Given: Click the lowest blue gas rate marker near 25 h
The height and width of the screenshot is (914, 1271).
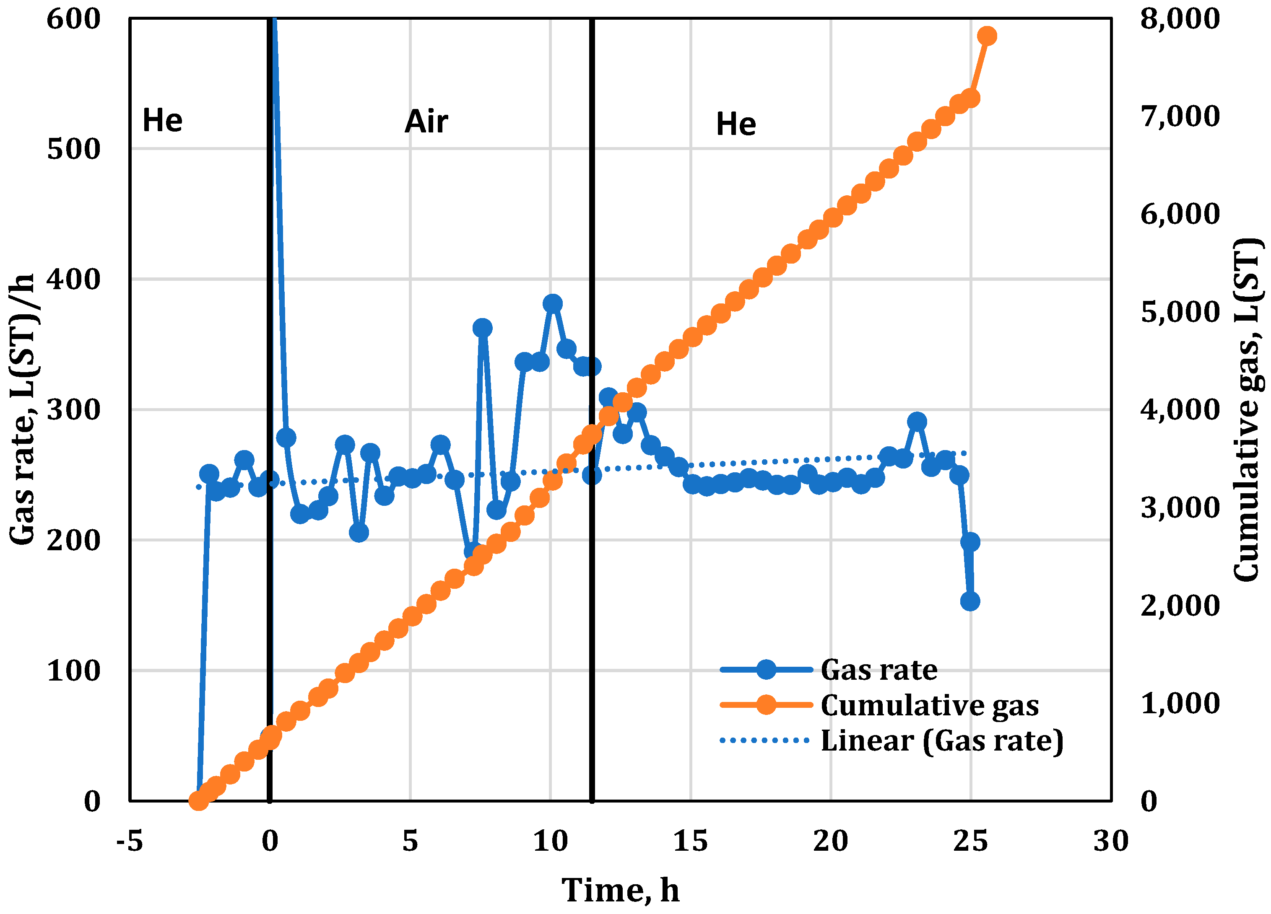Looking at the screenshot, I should click(970, 601).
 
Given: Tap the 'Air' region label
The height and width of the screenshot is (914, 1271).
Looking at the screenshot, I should click(426, 122).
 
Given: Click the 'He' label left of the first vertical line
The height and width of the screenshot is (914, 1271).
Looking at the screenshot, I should click(163, 120).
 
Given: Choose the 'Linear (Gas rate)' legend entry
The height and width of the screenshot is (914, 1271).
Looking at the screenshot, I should click(941, 741).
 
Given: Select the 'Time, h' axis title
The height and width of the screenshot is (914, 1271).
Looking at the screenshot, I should click(620, 891).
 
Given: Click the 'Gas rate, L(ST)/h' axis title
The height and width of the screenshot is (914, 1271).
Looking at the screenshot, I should click(22, 409).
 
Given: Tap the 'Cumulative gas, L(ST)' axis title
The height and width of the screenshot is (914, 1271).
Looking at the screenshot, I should click(1249, 409).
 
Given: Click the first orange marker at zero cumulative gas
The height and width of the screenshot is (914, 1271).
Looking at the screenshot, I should click(198, 801).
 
